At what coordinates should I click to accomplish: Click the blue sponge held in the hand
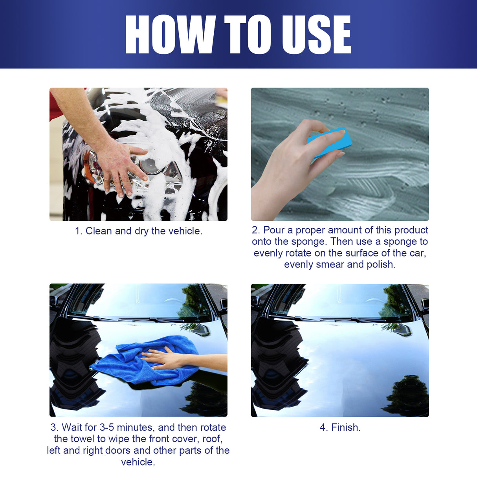[329, 142]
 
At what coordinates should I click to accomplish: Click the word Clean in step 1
[99, 231]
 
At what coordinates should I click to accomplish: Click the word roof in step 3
[212, 439]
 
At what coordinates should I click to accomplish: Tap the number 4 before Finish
[323, 427]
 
